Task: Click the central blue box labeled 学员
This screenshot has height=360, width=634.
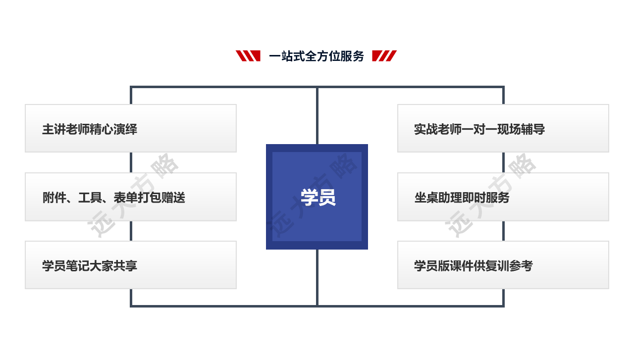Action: pyautogui.click(x=317, y=197)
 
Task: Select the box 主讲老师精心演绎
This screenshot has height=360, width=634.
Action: pyautogui.click(x=131, y=128)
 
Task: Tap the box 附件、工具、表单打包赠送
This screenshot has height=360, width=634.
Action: pyautogui.click(x=131, y=197)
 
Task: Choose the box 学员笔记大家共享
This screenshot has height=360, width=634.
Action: pyautogui.click(x=131, y=265)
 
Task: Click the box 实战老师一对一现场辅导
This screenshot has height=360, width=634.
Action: pyautogui.click(x=503, y=128)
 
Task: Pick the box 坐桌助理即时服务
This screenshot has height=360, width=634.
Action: pyautogui.click(x=503, y=197)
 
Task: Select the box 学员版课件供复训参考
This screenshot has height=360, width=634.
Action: pyautogui.click(x=503, y=265)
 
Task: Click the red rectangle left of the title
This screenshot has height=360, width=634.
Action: pyautogui.click(x=248, y=56)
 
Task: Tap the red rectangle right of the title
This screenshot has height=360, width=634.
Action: pyautogui.click(x=384, y=56)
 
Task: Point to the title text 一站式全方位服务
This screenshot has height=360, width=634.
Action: pyautogui.click(x=317, y=56)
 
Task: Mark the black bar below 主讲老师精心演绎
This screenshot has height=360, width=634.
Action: pyautogui.click(x=131, y=162)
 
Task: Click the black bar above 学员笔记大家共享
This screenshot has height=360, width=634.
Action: pyautogui.click(x=131, y=230)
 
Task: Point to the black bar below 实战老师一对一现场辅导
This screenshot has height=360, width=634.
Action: pyautogui.click(x=491, y=162)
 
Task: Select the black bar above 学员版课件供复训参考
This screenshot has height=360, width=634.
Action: pyautogui.click(x=491, y=230)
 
